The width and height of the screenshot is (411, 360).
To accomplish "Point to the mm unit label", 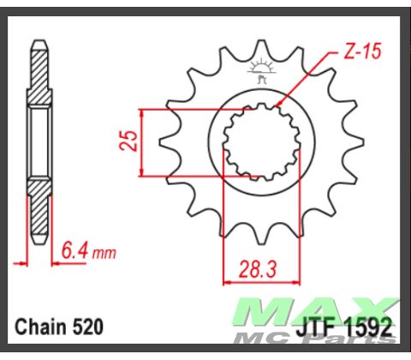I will tap(103, 254).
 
